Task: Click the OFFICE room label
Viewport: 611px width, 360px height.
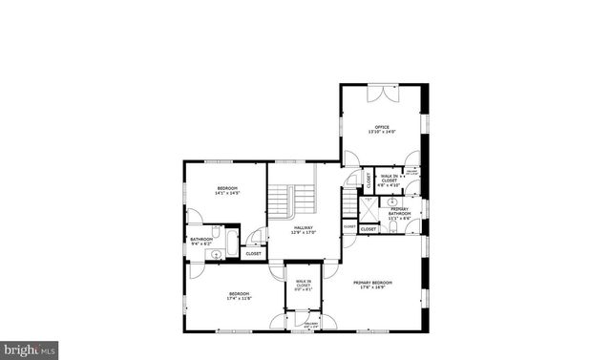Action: [x=382, y=125]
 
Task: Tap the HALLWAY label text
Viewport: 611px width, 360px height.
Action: [x=304, y=226]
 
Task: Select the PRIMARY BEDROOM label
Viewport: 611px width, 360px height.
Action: [x=372, y=283]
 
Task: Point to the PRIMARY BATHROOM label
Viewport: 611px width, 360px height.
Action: [x=399, y=210]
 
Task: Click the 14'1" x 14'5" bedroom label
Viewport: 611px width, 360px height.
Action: [x=227, y=187]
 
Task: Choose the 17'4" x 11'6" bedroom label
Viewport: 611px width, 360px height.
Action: [x=238, y=292]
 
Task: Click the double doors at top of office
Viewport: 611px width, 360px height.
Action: [x=386, y=91]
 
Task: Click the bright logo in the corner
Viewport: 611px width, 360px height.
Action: [x=30, y=349]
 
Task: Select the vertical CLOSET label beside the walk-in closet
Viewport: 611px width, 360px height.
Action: [x=369, y=179]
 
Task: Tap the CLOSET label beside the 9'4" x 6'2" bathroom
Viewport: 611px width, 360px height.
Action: [x=253, y=254]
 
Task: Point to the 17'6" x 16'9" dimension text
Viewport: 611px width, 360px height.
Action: [x=372, y=287]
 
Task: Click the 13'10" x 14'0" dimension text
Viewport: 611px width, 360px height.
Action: [x=382, y=131]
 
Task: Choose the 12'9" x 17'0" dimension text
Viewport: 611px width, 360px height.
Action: [x=304, y=232]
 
